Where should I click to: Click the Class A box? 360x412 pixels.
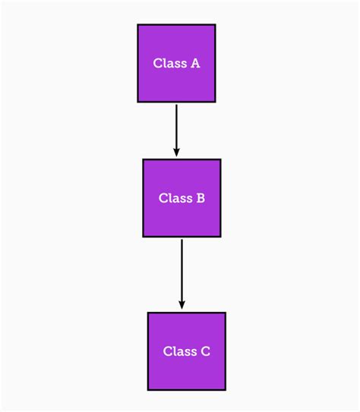pos(176,63)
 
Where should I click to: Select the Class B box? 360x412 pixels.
pos(182,198)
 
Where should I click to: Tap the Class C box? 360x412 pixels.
pos(186,351)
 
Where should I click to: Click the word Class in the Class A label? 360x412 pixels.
pos(169,64)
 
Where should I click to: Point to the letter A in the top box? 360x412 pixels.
pos(195,64)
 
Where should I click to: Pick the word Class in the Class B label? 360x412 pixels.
pos(175,199)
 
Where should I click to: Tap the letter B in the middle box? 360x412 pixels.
pos(201,199)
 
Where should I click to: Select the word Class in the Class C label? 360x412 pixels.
pos(179,352)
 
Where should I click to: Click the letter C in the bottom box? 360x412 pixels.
pos(205,352)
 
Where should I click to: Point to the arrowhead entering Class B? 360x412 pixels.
pos(176,153)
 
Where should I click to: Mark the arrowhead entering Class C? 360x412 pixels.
pos(182,306)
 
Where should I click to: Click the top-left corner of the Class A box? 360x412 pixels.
pos(137,24)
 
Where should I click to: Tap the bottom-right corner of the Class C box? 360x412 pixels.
pos(226,390)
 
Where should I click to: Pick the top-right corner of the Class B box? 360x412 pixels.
pos(220,159)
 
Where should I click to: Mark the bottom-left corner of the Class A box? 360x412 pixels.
pos(137,102)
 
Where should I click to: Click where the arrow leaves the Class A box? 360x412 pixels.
pos(176,103)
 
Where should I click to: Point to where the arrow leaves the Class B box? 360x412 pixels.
pos(182,238)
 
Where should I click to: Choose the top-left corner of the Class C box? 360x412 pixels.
pos(147,313)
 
